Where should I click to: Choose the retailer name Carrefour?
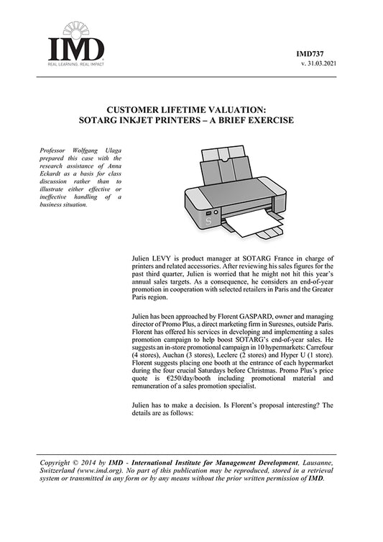click(316, 345)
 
